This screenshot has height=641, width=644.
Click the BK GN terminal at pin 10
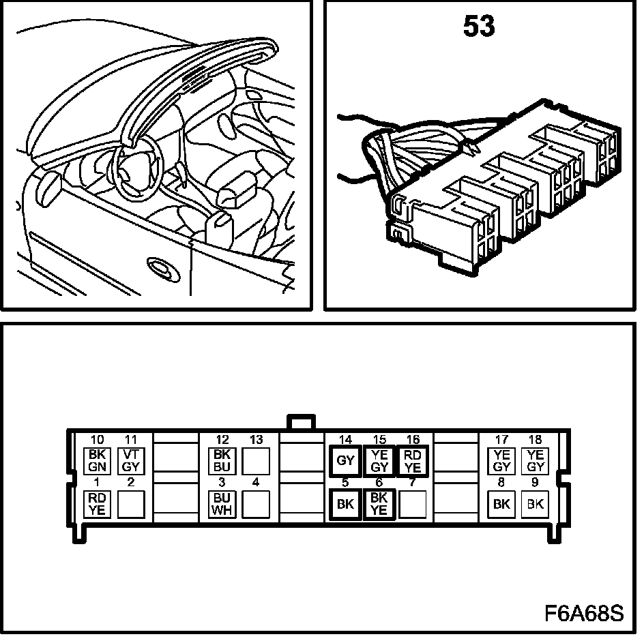pos(97,460)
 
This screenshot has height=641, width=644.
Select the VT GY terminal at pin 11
pos(131,460)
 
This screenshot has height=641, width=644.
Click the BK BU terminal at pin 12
pos(222,460)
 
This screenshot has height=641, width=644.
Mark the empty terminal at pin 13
pos(257,460)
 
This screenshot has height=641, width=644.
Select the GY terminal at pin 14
pos(346,460)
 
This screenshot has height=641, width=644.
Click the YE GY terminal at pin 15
pos(380,460)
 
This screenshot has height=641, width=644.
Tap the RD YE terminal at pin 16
pos(413,460)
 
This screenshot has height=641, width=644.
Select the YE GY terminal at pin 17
pos(502,460)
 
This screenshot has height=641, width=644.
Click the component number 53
pos(479,27)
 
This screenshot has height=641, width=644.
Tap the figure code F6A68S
pos(584,613)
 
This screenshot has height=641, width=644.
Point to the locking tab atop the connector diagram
pos(301,421)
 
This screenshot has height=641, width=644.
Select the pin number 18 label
pos(536,440)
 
